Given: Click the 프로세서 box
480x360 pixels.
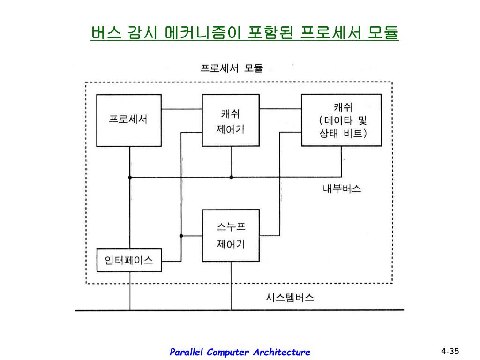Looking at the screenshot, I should [x=128, y=120].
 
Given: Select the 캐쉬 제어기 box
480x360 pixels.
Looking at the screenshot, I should [x=230, y=120].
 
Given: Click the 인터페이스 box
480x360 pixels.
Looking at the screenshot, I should [x=129, y=260].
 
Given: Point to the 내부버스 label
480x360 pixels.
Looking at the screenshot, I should [x=342, y=189].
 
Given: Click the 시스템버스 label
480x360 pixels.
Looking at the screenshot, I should [x=290, y=297].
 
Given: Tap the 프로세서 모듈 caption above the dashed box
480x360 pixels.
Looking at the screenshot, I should [x=232, y=68].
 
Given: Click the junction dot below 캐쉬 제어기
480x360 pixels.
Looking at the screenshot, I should [x=231, y=177].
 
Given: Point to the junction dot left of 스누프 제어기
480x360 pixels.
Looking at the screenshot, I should [x=181, y=236].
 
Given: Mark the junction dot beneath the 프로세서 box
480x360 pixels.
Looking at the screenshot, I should [x=130, y=177].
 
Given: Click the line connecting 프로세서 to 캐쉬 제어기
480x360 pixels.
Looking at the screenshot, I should [x=181, y=109].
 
